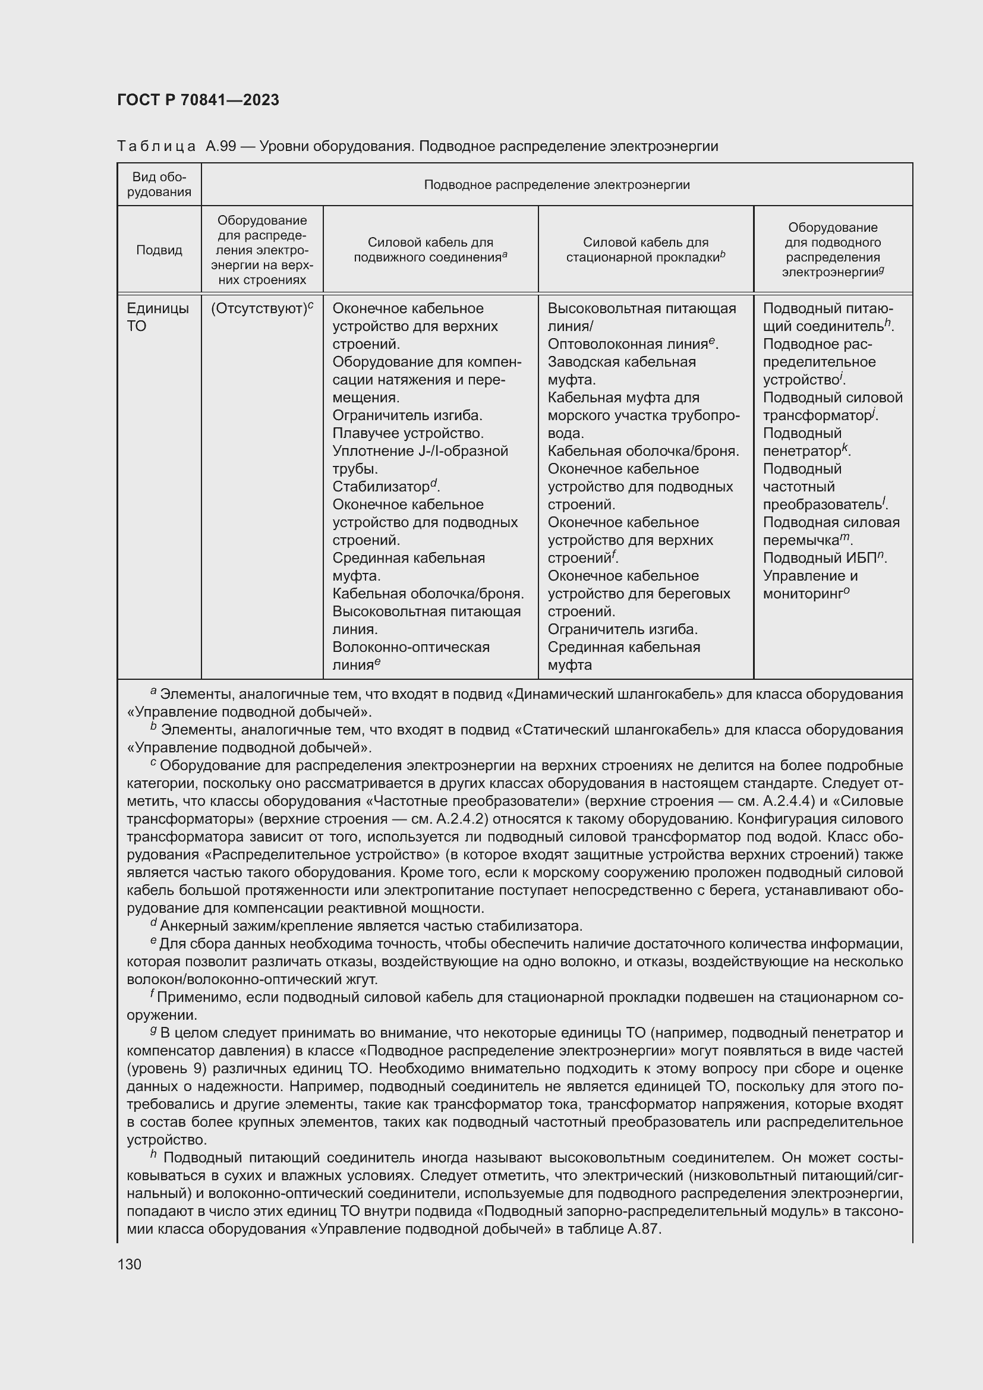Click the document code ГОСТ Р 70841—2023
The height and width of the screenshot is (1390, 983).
[198, 100]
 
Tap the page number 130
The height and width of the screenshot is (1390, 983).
[130, 1264]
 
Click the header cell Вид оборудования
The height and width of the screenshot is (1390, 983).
[159, 184]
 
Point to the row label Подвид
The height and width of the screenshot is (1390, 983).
[159, 250]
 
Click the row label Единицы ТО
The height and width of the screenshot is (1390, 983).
[157, 317]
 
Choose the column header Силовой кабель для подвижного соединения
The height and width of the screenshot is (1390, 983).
[430, 250]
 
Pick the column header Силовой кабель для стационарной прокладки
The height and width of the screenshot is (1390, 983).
[645, 250]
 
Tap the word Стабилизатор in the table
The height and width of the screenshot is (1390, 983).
[381, 487]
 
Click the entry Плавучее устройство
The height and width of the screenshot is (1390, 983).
[408, 433]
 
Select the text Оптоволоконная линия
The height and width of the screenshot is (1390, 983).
[628, 345]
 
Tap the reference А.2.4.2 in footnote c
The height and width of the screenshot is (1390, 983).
[454, 819]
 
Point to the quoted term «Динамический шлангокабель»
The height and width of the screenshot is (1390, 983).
[617, 694]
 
